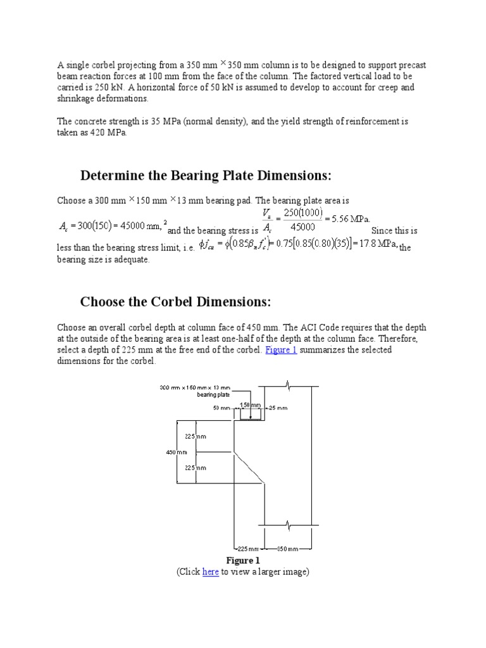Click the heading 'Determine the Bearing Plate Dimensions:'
[206, 175]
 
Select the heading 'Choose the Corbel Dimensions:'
[175, 302]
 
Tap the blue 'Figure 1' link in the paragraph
[281, 350]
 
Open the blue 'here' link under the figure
[210, 571]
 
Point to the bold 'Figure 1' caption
[243, 561]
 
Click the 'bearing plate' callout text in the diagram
[212, 394]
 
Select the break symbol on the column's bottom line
[288, 525]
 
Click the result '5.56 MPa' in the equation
[347, 219]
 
